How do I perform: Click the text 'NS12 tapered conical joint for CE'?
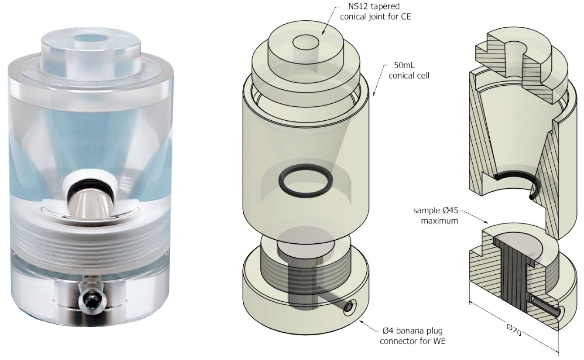(x=375, y=11)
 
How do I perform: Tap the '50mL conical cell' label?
(x=409, y=70)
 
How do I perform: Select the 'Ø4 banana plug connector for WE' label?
(x=413, y=336)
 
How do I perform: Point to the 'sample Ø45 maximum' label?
(x=436, y=215)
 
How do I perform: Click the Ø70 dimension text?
(x=514, y=329)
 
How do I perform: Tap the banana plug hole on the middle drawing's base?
(x=348, y=307)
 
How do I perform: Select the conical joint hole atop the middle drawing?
(x=306, y=43)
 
